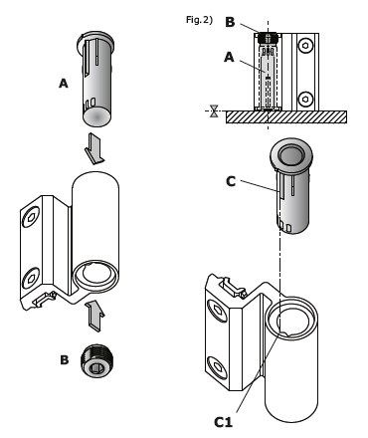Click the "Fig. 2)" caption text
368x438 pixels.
click(199, 20)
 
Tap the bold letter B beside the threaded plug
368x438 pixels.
click(65, 360)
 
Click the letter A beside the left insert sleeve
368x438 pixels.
click(64, 84)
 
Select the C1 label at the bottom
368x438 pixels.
click(223, 422)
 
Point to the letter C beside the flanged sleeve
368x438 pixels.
click(231, 181)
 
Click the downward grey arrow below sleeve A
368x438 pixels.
click(94, 148)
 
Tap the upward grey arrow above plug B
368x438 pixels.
click(94, 316)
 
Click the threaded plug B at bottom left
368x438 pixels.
click(96, 361)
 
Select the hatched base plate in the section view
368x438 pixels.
click(286, 117)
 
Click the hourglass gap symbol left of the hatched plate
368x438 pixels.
click(214, 110)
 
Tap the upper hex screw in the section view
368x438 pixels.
click(305, 46)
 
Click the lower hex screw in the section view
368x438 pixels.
click(305, 100)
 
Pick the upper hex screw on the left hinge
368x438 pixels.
click(31, 217)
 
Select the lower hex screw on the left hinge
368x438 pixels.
click(31, 278)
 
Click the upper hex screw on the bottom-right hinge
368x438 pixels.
click(218, 311)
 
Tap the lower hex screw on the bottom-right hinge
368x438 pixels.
click(218, 367)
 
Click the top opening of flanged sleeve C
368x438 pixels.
click(290, 155)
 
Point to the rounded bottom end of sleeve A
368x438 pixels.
click(96, 116)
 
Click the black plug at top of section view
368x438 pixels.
click(268, 38)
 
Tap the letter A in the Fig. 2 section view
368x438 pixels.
click(229, 58)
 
